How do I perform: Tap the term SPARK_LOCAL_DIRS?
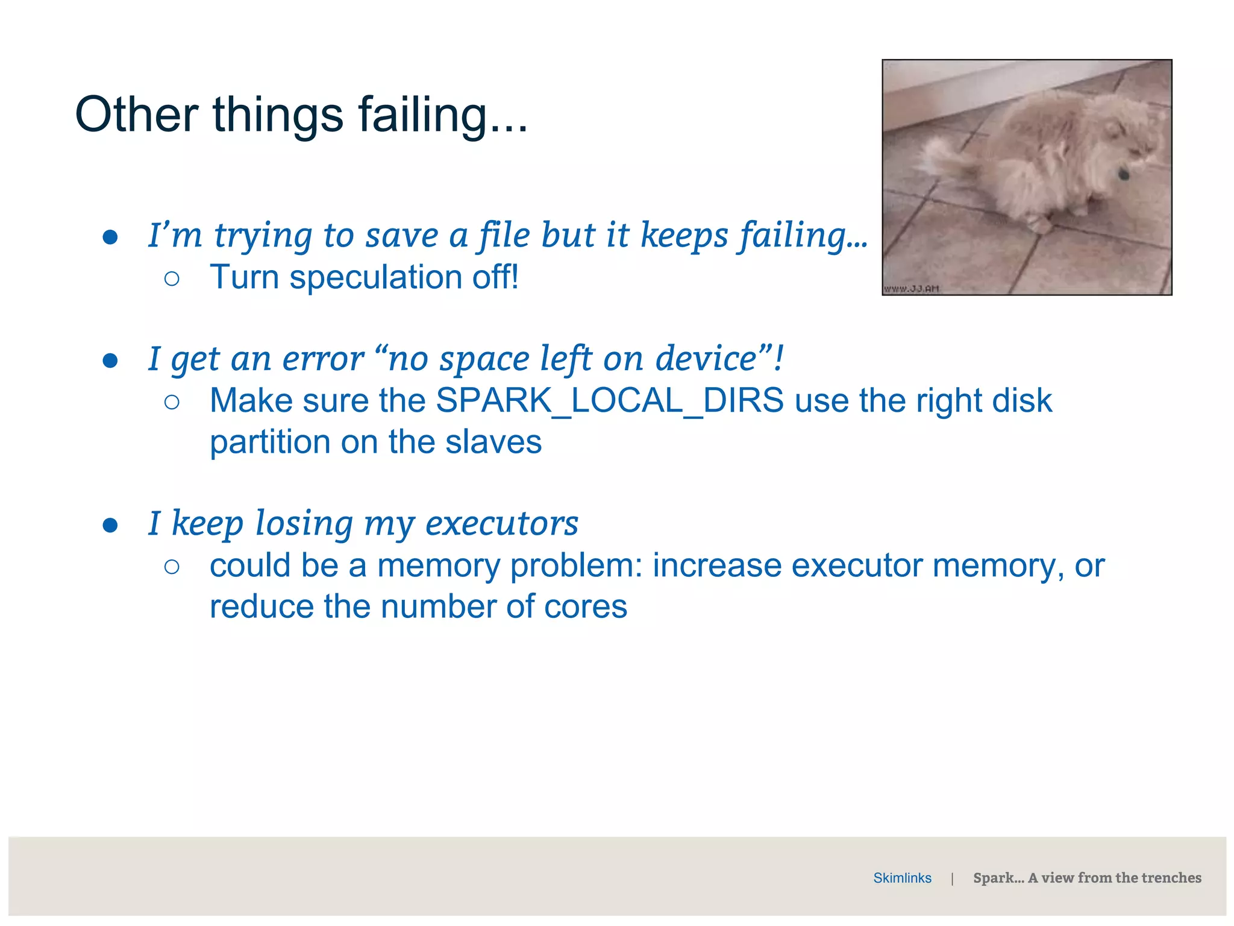(609, 400)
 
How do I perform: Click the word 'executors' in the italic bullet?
(501, 523)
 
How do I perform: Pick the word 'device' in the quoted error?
(706, 359)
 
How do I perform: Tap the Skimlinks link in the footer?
(902, 878)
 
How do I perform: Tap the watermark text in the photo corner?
(911, 289)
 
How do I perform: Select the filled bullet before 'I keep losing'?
(110, 525)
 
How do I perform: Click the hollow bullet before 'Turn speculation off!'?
(172, 279)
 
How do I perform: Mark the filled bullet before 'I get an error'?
(110, 361)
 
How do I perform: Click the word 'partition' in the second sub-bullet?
(270, 443)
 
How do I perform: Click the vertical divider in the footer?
(952, 878)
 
